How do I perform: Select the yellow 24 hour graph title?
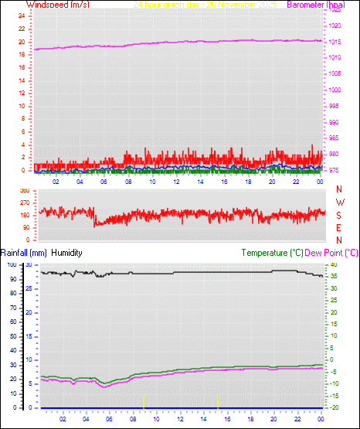(205, 5)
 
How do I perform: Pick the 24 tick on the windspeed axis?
(21, 17)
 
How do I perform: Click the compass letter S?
(339, 215)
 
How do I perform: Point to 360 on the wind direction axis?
(24, 190)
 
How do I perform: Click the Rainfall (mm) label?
(23, 253)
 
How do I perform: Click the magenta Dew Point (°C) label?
(332, 253)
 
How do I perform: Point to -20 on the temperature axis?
(333, 407)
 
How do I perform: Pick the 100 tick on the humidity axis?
(12, 264)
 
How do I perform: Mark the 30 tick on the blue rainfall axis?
(29, 264)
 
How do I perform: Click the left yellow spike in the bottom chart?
(144, 400)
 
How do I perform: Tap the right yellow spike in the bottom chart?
(219, 400)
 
